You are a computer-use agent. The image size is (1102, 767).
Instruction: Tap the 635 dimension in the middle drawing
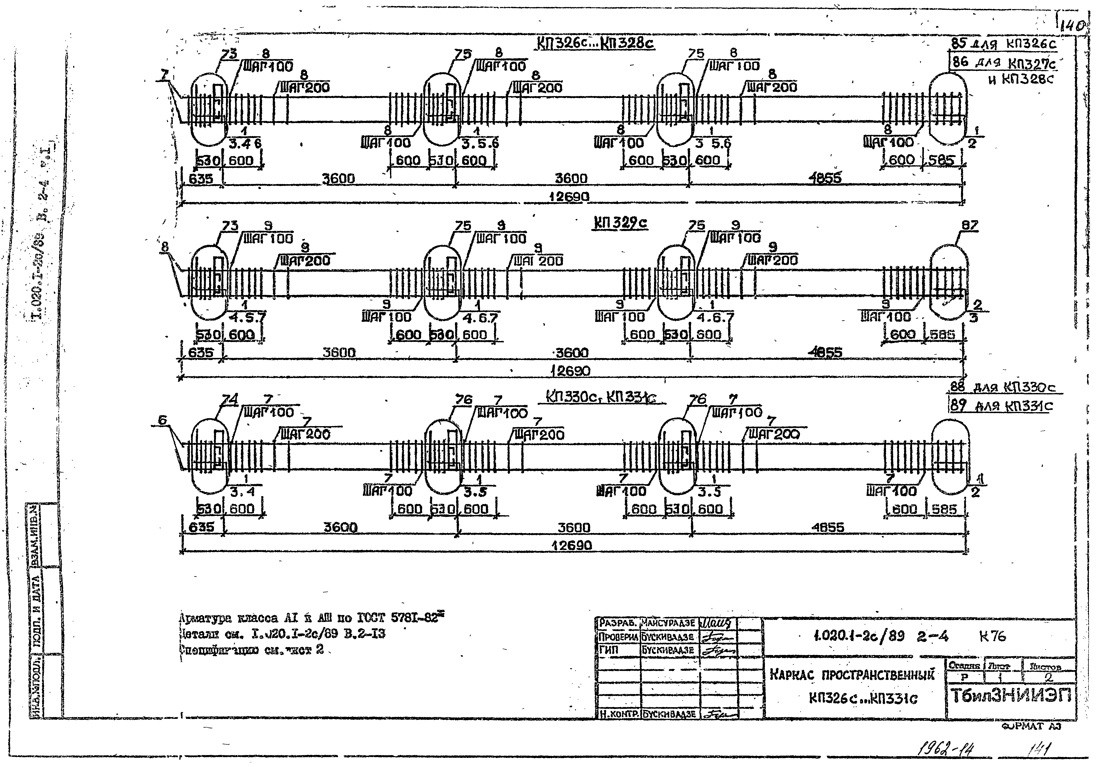pos(201,353)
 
